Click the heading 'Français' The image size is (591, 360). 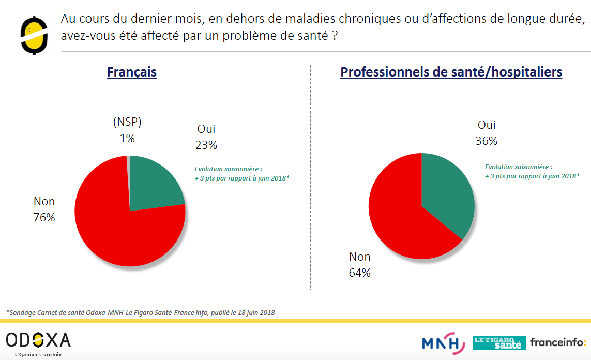tap(131, 72)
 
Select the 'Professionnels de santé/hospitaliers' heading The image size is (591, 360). tap(451, 72)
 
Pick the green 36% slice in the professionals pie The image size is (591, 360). tap(447, 191)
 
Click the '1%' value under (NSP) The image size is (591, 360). tap(127, 138)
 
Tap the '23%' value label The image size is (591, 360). tap(206, 145)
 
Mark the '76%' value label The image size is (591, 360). tap(44, 217)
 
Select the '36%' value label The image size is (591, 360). tap(487, 141)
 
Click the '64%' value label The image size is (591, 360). tap(360, 273)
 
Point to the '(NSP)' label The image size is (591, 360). tap(127, 123)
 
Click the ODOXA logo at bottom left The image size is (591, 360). tap(38, 341)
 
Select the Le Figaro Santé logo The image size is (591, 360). tap(499, 343)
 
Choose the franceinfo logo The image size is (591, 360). tap(558, 342)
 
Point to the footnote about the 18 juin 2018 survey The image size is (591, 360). tap(140, 312)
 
